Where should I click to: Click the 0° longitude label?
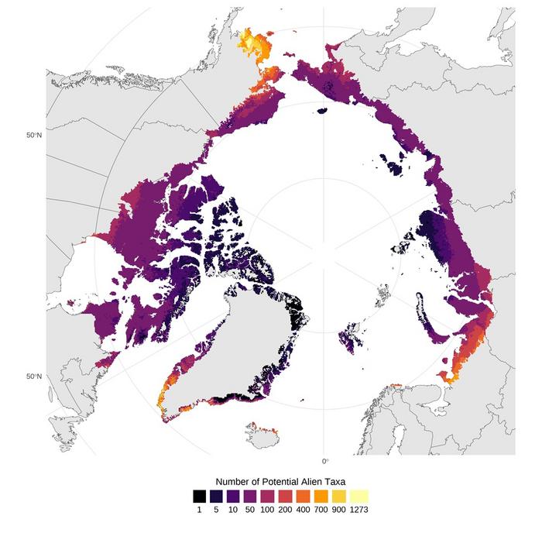click(325, 461)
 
